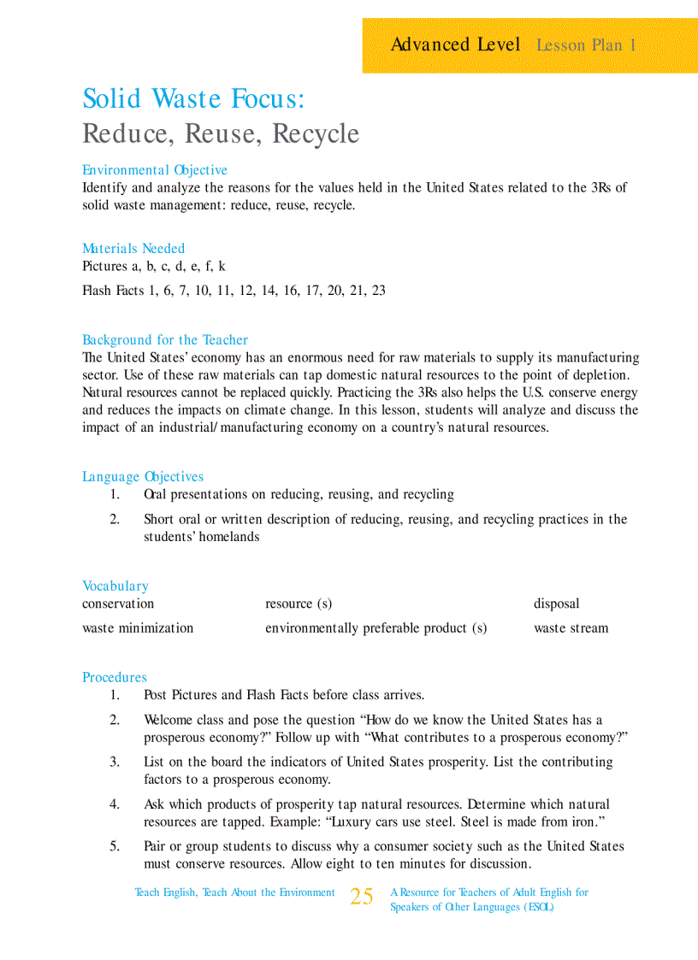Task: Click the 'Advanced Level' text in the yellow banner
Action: click(455, 44)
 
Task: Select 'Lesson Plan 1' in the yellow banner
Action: click(586, 45)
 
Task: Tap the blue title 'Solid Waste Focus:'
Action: click(193, 99)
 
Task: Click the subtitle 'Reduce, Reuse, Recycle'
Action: click(221, 134)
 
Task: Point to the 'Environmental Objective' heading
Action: click(155, 170)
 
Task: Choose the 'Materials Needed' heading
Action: click(133, 249)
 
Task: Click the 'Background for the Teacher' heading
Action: click(165, 340)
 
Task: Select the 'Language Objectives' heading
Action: click(143, 477)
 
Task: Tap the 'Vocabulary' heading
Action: click(115, 586)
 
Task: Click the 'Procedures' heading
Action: click(115, 678)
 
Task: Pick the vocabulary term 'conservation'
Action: click(118, 604)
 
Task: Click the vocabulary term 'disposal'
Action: click(556, 604)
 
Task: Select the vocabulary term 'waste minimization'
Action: click(138, 628)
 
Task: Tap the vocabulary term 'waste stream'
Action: click(571, 628)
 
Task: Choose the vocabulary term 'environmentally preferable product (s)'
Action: click(376, 628)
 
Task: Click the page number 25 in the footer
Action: click(362, 897)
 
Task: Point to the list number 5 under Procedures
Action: click(115, 846)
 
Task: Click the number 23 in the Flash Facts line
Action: click(377, 291)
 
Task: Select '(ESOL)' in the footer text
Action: click(538, 908)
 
